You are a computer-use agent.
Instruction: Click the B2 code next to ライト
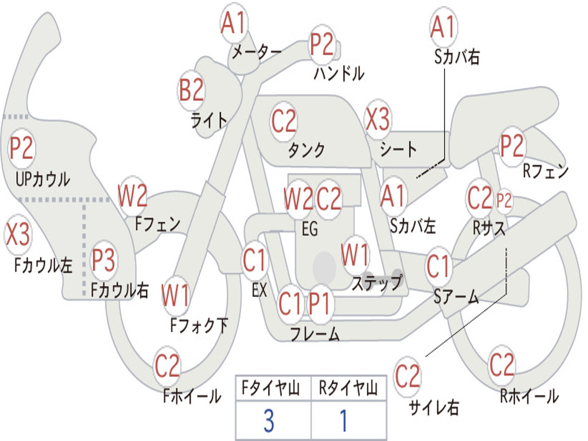click(x=191, y=90)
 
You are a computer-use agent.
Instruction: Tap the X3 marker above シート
click(x=378, y=119)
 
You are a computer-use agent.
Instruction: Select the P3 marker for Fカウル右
click(x=103, y=260)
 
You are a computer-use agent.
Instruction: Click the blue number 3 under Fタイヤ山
click(x=269, y=421)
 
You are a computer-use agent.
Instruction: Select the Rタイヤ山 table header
click(x=349, y=388)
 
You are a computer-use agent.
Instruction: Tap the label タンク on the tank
click(x=307, y=150)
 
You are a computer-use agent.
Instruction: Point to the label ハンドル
click(x=339, y=73)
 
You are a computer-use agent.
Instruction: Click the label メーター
click(x=257, y=51)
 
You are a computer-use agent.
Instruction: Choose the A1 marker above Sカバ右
click(x=444, y=28)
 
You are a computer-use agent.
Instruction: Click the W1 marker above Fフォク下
click(x=175, y=296)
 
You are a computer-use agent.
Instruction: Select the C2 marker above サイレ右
click(x=408, y=376)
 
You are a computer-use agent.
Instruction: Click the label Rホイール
click(x=529, y=396)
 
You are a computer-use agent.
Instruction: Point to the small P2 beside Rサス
click(x=504, y=200)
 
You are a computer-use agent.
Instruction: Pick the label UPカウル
click(x=42, y=179)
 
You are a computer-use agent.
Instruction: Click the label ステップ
click(x=377, y=283)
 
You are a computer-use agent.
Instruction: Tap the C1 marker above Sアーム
click(x=438, y=266)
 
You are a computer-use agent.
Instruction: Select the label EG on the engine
click(x=310, y=229)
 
